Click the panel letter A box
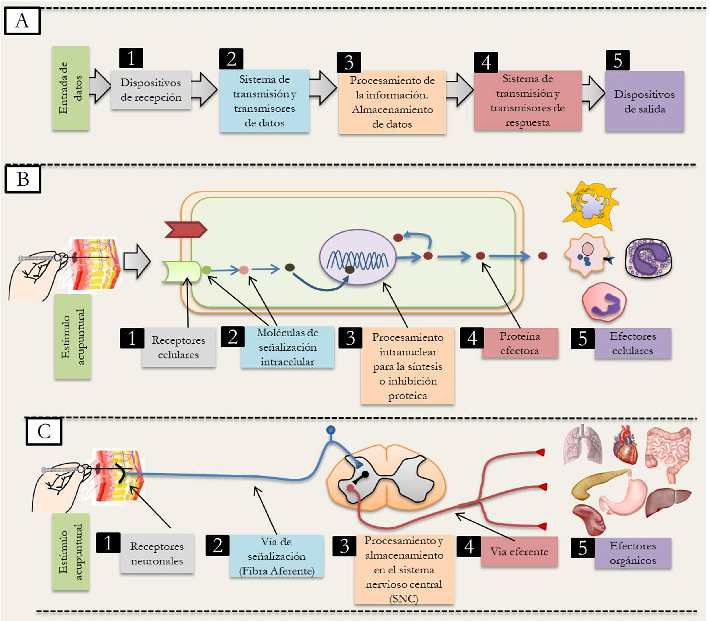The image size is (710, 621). point(22,21)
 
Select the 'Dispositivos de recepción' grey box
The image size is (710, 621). point(151,90)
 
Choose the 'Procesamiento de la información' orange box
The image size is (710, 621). point(392,102)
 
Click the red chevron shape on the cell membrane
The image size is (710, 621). point(185,229)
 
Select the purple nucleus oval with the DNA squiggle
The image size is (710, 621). point(357,257)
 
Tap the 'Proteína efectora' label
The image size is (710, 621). point(519,343)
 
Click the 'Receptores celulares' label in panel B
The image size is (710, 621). point(178,347)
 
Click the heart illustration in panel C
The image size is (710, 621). point(624,445)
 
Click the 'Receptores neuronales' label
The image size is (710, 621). point(157,553)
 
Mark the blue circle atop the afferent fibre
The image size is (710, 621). point(331,430)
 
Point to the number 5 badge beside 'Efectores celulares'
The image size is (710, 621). point(582,338)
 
